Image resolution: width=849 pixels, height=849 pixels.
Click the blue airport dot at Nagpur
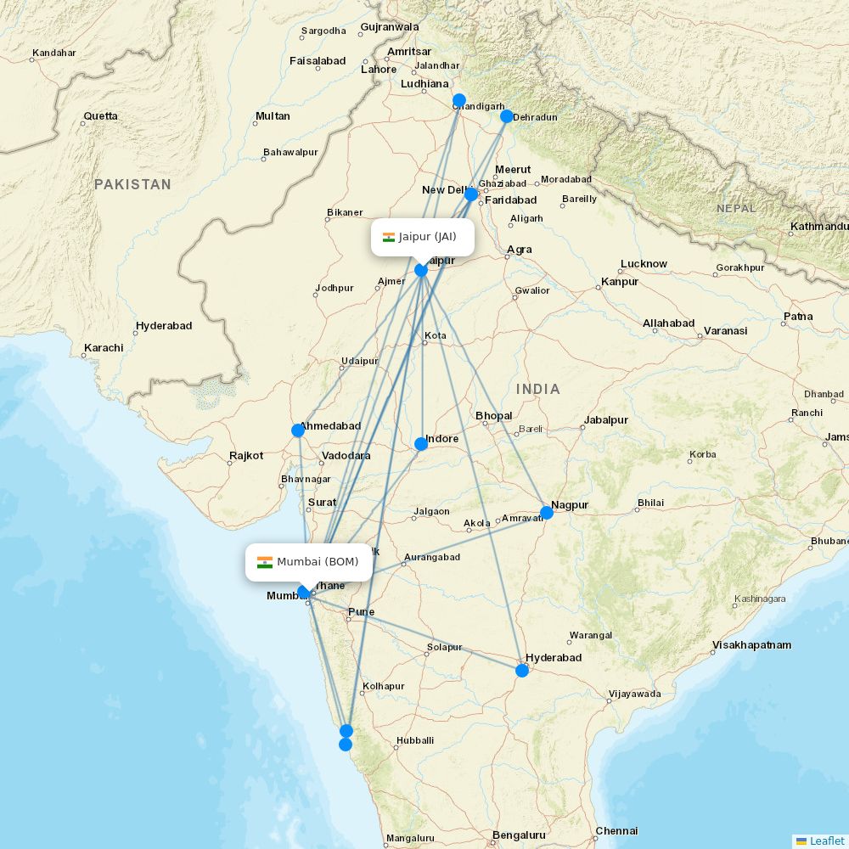pos(547,512)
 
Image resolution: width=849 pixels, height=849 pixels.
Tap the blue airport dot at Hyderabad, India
pos(522,671)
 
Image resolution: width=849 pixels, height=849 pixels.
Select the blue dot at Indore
pos(421,443)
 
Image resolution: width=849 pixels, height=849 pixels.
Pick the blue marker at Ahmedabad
pos(298,430)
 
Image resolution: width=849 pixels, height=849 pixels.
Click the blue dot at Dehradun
pos(507,116)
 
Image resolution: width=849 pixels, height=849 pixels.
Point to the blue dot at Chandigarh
pos(459,100)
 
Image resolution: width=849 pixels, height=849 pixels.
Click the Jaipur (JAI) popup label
pos(423,237)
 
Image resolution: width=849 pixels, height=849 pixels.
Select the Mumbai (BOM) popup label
pos(309,562)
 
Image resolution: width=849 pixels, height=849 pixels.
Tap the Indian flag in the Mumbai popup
pos(265,562)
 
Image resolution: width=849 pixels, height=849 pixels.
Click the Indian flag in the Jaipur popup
pos(389,237)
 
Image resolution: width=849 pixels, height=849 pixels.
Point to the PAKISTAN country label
pos(132,184)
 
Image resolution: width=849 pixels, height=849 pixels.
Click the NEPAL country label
pos(735,208)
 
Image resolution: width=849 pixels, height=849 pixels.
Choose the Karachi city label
pos(104,348)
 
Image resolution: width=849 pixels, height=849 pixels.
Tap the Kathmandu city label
pos(818,227)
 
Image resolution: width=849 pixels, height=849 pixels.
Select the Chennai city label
pos(616,831)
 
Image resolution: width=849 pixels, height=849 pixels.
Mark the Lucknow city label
pos(644,264)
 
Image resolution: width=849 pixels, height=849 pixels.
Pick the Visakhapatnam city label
pos(752,645)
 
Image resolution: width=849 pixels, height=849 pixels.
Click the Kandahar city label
pos(53,53)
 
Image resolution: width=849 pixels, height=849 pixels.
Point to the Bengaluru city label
pos(519,835)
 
